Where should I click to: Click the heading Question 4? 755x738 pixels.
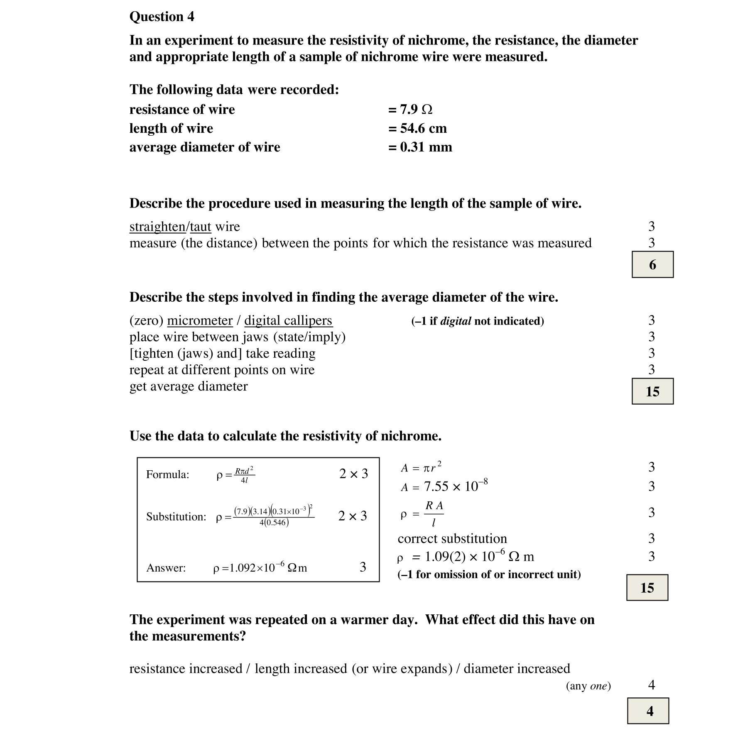click(x=162, y=17)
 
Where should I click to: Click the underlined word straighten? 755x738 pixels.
click(x=157, y=227)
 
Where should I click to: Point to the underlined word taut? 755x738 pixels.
click(x=201, y=227)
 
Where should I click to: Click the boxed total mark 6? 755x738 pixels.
click(x=652, y=264)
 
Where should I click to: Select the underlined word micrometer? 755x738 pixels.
click(x=200, y=320)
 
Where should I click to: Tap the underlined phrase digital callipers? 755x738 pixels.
click(x=288, y=320)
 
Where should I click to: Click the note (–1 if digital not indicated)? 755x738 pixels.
click(x=477, y=321)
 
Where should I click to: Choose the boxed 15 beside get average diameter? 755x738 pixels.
click(x=652, y=391)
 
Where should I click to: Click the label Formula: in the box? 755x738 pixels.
click(x=167, y=474)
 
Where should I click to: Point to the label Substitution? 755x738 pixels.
click(x=176, y=517)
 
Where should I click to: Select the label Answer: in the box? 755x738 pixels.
click(x=166, y=568)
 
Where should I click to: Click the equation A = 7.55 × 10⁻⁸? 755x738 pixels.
click(x=444, y=486)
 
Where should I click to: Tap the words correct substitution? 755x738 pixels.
click(x=452, y=539)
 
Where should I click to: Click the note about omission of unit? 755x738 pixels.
click(x=489, y=574)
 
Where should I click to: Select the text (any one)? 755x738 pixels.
click(x=588, y=686)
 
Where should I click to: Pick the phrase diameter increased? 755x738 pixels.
click(x=517, y=669)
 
